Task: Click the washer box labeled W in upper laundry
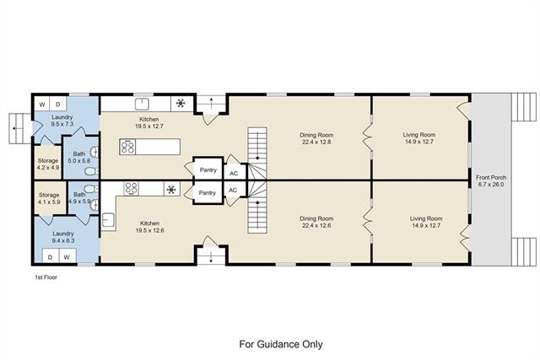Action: click(x=41, y=104)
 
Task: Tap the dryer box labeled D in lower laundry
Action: click(x=51, y=257)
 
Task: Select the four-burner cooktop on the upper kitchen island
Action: click(x=127, y=147)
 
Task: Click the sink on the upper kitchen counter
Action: click(x=142, y=104)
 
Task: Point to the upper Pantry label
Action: click(x=208, y=170)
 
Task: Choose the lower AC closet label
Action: click(x=233, y=190)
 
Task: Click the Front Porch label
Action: click(x=491, y=178)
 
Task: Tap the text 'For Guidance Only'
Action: click(x=281, y=344)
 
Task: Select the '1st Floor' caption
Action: click(x=46, y=277)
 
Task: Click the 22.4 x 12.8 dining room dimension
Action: click(x=316, y=142)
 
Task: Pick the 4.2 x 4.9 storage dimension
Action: click(x=48, y=168)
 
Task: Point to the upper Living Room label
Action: click(x=419, y=135)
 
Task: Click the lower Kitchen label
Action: click(x=150, y=223)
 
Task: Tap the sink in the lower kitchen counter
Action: click(x=108, y=220)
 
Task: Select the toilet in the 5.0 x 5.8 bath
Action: click(x=92, y=171)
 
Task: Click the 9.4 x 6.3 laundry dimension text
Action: click(x=63, y=240)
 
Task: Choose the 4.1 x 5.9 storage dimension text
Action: click(x=49, y=202)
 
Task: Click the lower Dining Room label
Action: click(x=316, y=218)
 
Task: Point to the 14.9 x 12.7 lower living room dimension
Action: click(x=426, y=225)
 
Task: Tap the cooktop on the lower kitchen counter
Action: click(x=132, y=189)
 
